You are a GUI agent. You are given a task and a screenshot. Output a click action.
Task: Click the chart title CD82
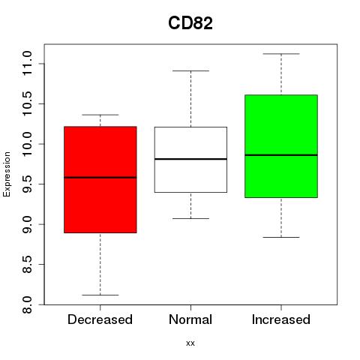tap(190, 23)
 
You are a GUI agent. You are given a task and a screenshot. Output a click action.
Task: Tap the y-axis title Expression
tap(7, 174)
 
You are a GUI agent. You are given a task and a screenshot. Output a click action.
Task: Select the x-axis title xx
tap(190, 343)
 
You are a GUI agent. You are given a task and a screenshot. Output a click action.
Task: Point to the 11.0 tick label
tap(27, 63)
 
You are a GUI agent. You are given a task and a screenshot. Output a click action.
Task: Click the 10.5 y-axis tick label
tap(27, 103)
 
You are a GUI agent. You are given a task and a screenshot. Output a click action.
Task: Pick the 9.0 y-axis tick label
tap(27, 224)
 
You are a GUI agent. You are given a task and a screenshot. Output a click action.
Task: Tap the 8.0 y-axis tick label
tap(27, 304)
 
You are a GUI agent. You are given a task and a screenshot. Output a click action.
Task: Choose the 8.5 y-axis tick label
tap(27, 265)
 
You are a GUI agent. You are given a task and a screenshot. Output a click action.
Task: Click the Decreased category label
tap(100, 319)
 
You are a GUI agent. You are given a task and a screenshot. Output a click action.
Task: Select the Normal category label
tap(190, 319)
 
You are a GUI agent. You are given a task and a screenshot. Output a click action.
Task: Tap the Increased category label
tap(281, 319)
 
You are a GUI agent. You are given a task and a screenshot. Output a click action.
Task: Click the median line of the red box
tap(100, 178)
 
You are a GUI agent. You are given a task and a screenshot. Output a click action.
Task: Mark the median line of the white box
tap(190, 159)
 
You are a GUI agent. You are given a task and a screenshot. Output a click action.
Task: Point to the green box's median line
tap(281, 155)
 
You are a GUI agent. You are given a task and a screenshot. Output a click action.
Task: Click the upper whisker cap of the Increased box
tap(281, 54)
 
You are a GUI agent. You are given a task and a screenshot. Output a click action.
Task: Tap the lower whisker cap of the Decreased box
tap(100, 295)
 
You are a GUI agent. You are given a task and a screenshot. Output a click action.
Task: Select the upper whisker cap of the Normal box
tap(190, 70)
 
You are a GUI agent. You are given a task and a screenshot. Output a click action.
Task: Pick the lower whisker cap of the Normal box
tap(190, 218)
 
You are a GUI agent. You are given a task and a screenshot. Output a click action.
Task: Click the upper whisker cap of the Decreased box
tap(100, 115)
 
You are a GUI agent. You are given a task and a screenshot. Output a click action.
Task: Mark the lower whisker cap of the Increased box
tap(281, 237)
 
